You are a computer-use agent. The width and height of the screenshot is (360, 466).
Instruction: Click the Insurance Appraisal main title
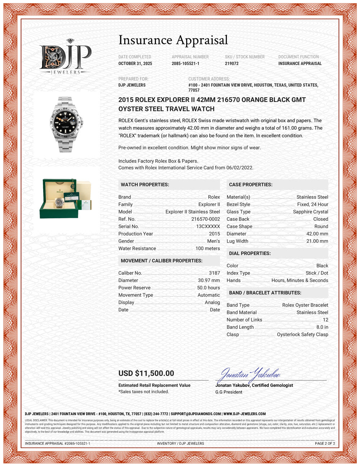click(173, 40)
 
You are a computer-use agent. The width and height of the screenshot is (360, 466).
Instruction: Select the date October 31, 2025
click(135, 63)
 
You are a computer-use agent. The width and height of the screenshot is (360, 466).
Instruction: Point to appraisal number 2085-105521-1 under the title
click(185, 63)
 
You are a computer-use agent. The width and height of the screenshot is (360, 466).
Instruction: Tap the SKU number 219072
click(232, 63)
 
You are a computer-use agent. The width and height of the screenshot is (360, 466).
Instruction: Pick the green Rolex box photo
click(66, 199)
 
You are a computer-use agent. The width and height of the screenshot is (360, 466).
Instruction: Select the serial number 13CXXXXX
click(208, 227)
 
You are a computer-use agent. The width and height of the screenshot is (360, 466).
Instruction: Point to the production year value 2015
click(214, 234)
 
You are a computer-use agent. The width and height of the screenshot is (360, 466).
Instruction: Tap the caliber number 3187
click(214, 273)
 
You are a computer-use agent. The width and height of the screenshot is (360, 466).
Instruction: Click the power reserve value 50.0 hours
click(208, 288)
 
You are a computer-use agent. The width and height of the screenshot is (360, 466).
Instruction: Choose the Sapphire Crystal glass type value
click(310, 212)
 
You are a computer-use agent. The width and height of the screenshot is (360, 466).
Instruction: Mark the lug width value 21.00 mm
click(317, 241)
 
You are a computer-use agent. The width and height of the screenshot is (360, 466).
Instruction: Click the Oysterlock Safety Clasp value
click(302, 335)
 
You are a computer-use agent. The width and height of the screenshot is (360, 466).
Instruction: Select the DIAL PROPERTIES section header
click(250, 254)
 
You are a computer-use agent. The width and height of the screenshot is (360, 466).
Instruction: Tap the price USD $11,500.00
click(146, 373)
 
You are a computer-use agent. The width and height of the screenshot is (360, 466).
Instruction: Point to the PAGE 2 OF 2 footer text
click(325, 443)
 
